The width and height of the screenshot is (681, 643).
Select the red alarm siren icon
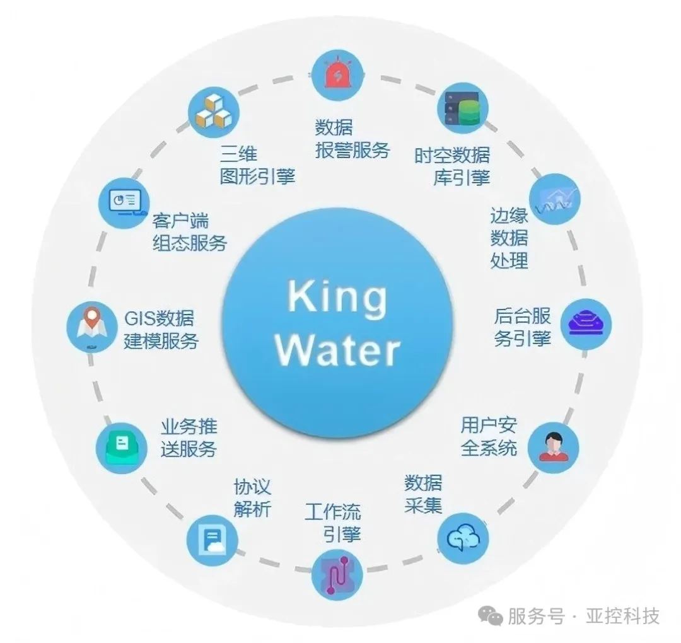[x=339, y=75]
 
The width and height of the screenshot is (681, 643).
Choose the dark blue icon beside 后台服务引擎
[x=586, y=324]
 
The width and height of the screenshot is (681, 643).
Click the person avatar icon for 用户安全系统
[x=552, y=447]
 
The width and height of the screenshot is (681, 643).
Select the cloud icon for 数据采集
[x=463, y=538]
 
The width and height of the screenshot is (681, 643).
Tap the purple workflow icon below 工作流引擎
[x=338, y=572]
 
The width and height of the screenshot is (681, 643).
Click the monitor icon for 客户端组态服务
[x=124, y=203]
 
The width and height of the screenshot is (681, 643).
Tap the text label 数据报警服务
[x=352, y=139]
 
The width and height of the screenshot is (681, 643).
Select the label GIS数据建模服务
[x=161, y=329]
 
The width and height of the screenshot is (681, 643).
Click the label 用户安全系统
[x=489, y=436]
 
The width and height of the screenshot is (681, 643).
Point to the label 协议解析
[x=252, y=497]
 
